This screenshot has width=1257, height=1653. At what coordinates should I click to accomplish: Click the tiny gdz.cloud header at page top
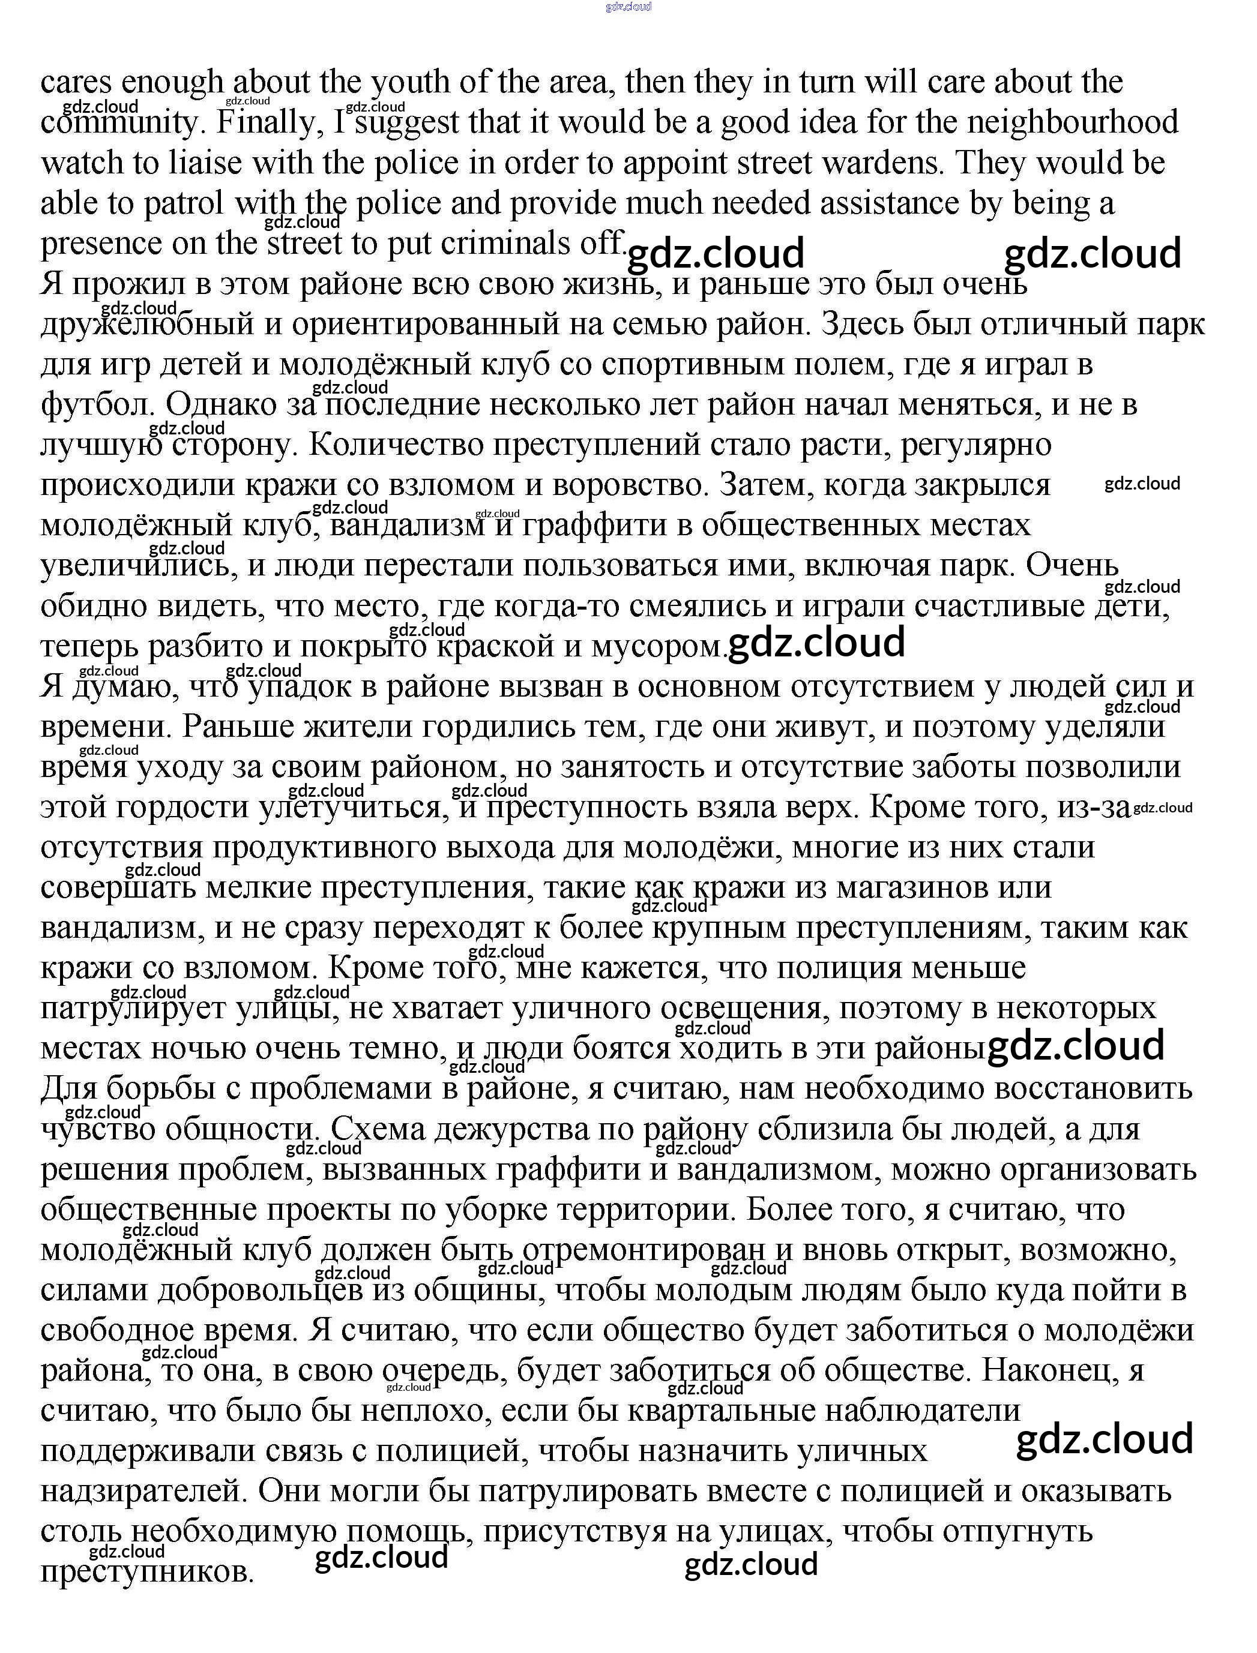click(628, 7)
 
